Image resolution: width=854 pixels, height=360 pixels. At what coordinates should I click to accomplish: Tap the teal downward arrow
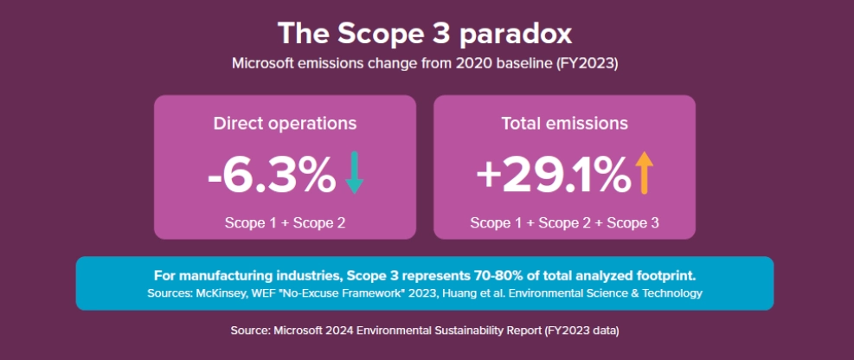pyautogui.click(x=354, y=173)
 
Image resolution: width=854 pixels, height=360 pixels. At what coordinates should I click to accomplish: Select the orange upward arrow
pyautogui.click(x=642, y=173)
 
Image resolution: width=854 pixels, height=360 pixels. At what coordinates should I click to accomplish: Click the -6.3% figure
pyautogui.click(x=272, y=175)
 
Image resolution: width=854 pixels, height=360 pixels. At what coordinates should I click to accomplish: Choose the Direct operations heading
pyautogui.click(x=285, y=123)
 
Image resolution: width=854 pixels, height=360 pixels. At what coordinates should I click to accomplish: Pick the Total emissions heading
pyautogui.click(x=564, y=123)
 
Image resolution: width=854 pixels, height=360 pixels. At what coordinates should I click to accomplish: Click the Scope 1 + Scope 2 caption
pyautogui.click(x=285, y=222)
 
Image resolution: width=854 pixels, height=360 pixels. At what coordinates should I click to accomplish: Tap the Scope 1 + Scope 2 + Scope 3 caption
pyautogui.click(x=564, y=222)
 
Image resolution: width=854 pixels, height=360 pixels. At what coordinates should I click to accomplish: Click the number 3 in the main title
pyautogui.click(x=435, y=34)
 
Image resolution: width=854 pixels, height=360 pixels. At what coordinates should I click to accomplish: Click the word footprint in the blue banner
pyautogui.click(x=667, y=276)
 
